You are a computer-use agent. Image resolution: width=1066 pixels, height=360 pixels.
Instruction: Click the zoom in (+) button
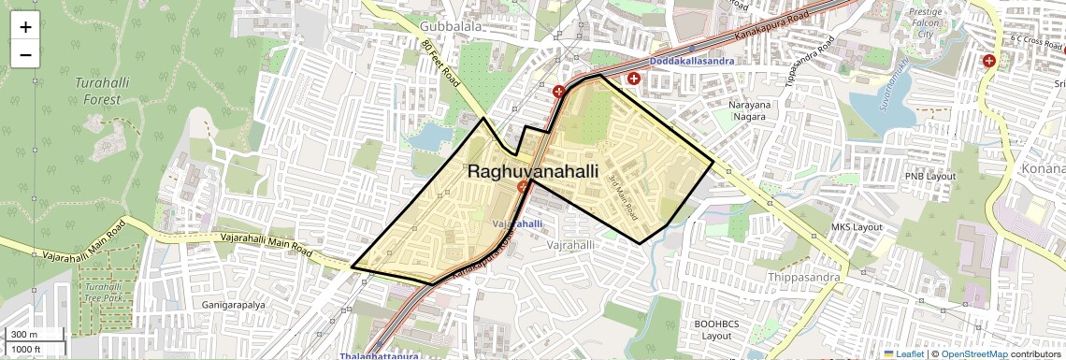(25, 27)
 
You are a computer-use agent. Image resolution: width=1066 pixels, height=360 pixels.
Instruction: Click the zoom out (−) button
(25, 54)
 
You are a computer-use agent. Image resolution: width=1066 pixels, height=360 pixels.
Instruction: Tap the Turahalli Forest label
(95, 91)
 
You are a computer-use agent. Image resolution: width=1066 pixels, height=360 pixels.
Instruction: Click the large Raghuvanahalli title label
(532, 171)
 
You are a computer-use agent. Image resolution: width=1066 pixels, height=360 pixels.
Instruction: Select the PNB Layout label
(929, 176)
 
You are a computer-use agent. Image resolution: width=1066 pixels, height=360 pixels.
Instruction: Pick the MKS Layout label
(857, 227)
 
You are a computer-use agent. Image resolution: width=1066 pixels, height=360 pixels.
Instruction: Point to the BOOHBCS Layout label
(716, 329)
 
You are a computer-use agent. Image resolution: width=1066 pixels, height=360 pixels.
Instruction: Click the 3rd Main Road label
(622, 198)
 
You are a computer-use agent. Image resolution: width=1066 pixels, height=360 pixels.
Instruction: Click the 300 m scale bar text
(24, 335)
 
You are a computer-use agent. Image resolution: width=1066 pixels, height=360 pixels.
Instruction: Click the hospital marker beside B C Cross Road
(988, 62)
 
